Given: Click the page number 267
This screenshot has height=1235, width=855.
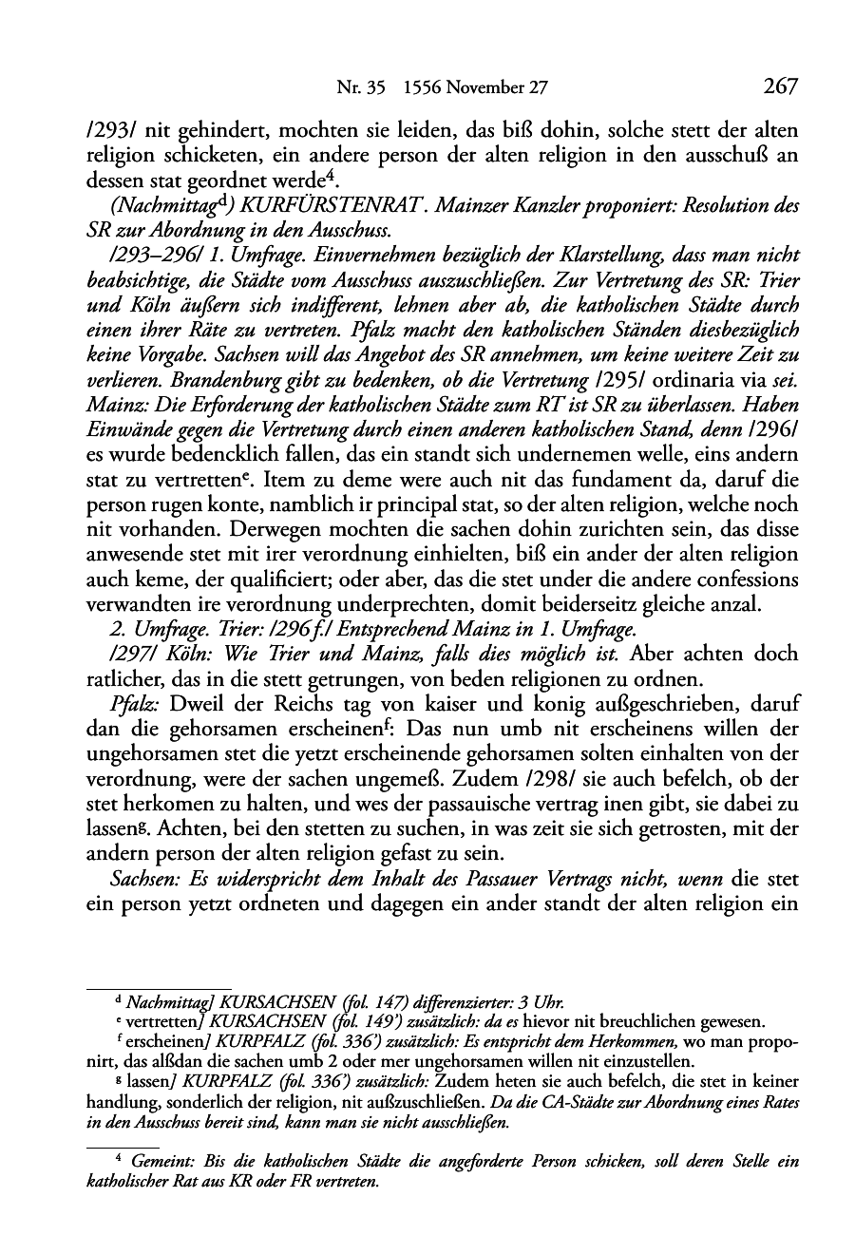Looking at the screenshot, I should pyautogui.click(x=779, y=86).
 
